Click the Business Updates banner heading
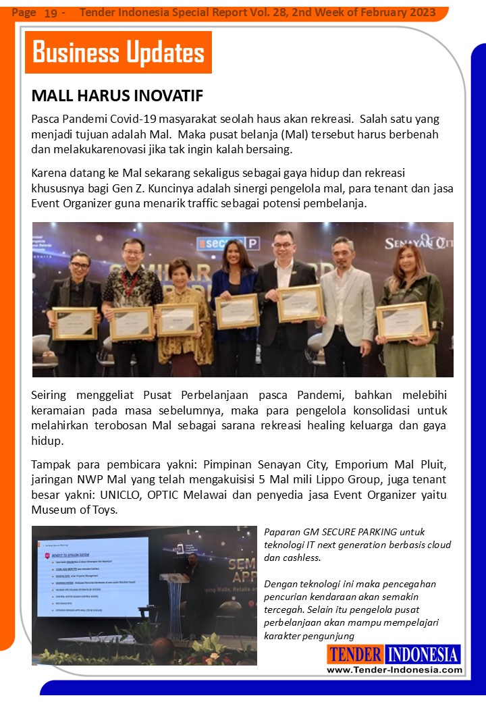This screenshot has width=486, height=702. tap(118, 53)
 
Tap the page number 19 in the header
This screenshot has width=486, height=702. tap(51, 13)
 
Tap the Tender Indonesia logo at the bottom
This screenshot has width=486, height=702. tap(394, 654)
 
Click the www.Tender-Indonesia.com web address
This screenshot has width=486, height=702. tap(395, 670)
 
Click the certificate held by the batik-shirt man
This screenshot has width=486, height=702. tap(132, 323)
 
